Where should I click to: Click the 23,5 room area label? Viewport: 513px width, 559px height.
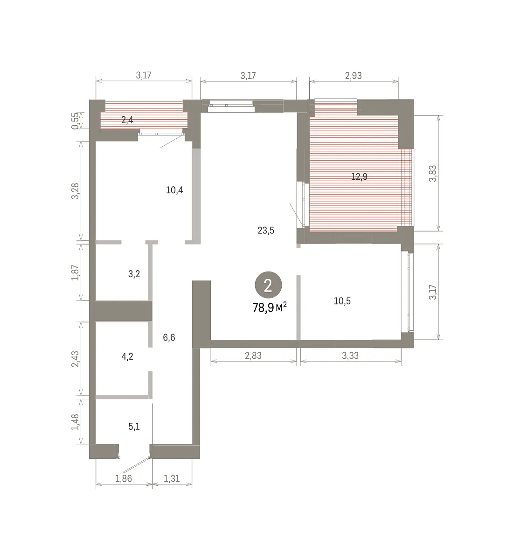[x=266, y=231]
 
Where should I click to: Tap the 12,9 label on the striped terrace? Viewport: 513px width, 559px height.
[x=359, y=177]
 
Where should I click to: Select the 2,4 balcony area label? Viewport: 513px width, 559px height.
[x=127, y=120]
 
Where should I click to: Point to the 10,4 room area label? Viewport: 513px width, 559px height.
[x=174, y=190]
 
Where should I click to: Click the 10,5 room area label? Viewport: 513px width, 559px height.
[x=342, y=301]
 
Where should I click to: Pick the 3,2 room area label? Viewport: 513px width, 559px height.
[x=134, y=274]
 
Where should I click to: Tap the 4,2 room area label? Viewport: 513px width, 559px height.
[x=127, y=356]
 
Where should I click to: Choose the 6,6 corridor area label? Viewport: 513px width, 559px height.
[x=169, y=337]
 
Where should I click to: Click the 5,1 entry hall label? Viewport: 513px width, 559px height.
[x=134, y=426]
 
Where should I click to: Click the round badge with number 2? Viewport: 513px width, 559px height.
[x=268, y=285]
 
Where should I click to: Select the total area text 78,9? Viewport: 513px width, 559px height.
[x=263, y=307]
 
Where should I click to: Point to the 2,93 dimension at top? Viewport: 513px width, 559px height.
[x=354, y=75]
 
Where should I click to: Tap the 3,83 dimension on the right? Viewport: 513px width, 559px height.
[x=433, y=173]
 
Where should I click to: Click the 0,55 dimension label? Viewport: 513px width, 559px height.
[x=75, y=121]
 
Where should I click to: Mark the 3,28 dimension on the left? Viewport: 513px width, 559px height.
[x=75, y=191]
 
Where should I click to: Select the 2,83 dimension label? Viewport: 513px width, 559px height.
[x=253, y=355]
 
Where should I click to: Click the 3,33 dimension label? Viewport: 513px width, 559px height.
[x=350, y=355]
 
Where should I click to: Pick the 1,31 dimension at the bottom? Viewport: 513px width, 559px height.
[x=171, y=478]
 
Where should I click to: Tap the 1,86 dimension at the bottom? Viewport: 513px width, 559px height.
[x=124, y=478]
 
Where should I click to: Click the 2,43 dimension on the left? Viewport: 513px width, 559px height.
[x=75, y=359]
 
